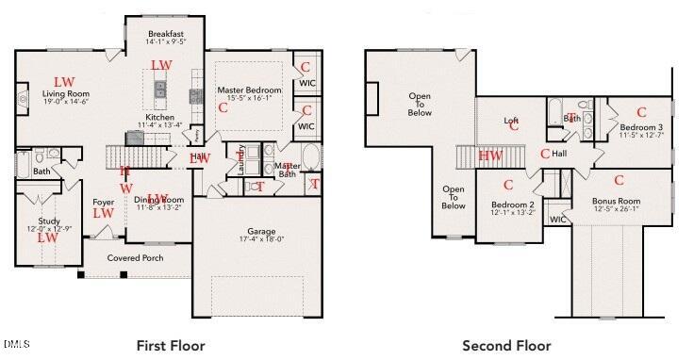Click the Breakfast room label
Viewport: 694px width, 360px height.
165,34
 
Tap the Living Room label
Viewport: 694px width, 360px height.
65,94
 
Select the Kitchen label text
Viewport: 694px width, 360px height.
158,116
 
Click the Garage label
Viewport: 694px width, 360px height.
261,231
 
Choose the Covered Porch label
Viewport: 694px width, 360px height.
135,257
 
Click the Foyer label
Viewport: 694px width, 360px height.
103,202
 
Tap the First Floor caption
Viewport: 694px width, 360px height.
171,345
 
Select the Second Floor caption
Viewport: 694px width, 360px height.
506,345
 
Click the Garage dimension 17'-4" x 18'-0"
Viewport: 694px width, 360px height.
261,239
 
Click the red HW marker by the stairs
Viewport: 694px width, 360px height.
489,155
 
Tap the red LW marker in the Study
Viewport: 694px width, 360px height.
46,237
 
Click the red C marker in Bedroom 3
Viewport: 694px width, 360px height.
641,112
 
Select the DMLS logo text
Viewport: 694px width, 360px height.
17,341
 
